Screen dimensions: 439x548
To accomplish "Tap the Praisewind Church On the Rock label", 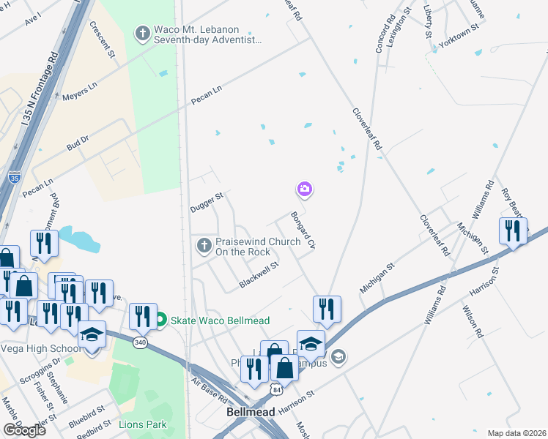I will [x=247, y=247].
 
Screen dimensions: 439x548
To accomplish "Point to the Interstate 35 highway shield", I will [x=15, y=177].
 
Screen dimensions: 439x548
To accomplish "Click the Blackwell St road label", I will [x=259, y=275].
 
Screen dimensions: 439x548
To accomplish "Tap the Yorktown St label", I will [x=459, y=35].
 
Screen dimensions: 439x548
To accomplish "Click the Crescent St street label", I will [x=103, y=39].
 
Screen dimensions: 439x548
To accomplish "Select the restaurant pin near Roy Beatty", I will [x=513, y=230].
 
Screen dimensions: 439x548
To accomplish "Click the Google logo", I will [x=23, y=430].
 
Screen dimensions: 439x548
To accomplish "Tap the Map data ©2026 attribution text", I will [x=516, y=433].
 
